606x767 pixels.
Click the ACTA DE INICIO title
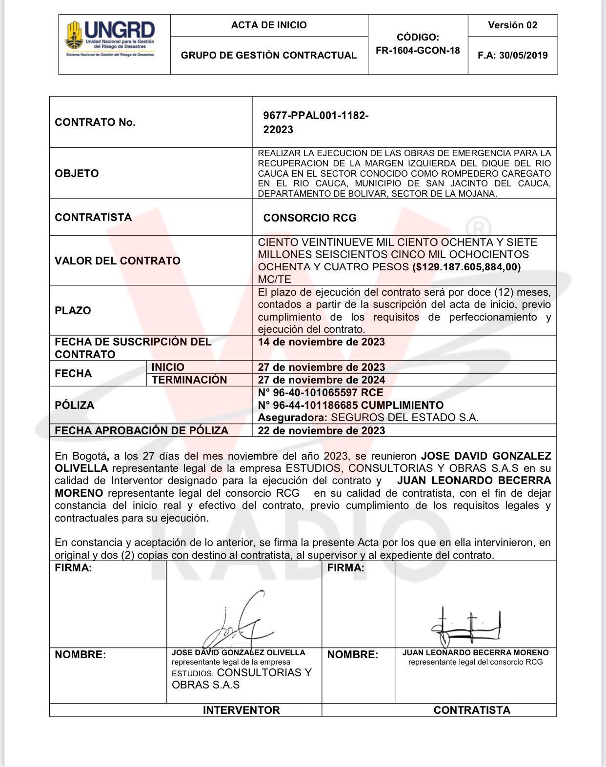(269, 25)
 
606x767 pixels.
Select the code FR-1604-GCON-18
(418, 50)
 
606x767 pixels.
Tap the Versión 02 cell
(512, 25)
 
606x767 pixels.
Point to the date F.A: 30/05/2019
(512, 55)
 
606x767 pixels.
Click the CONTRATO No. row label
(95, 122)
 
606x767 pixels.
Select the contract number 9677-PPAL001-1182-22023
(316, 122)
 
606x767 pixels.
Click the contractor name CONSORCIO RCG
(310, 218)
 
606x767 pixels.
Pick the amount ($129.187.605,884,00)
(466, 267)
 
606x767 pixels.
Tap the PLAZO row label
(73, 311)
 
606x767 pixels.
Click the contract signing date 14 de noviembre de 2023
(321, 342)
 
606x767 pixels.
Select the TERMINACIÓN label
(189, 380)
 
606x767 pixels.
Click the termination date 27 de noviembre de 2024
(321, 380)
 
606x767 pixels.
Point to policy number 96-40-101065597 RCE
(321, 393)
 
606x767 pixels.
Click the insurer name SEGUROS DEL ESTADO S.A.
(404, 418)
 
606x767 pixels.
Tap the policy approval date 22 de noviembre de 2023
(321, 431)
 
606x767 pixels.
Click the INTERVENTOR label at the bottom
(241, 710)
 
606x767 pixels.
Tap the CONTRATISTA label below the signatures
(472, 710)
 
